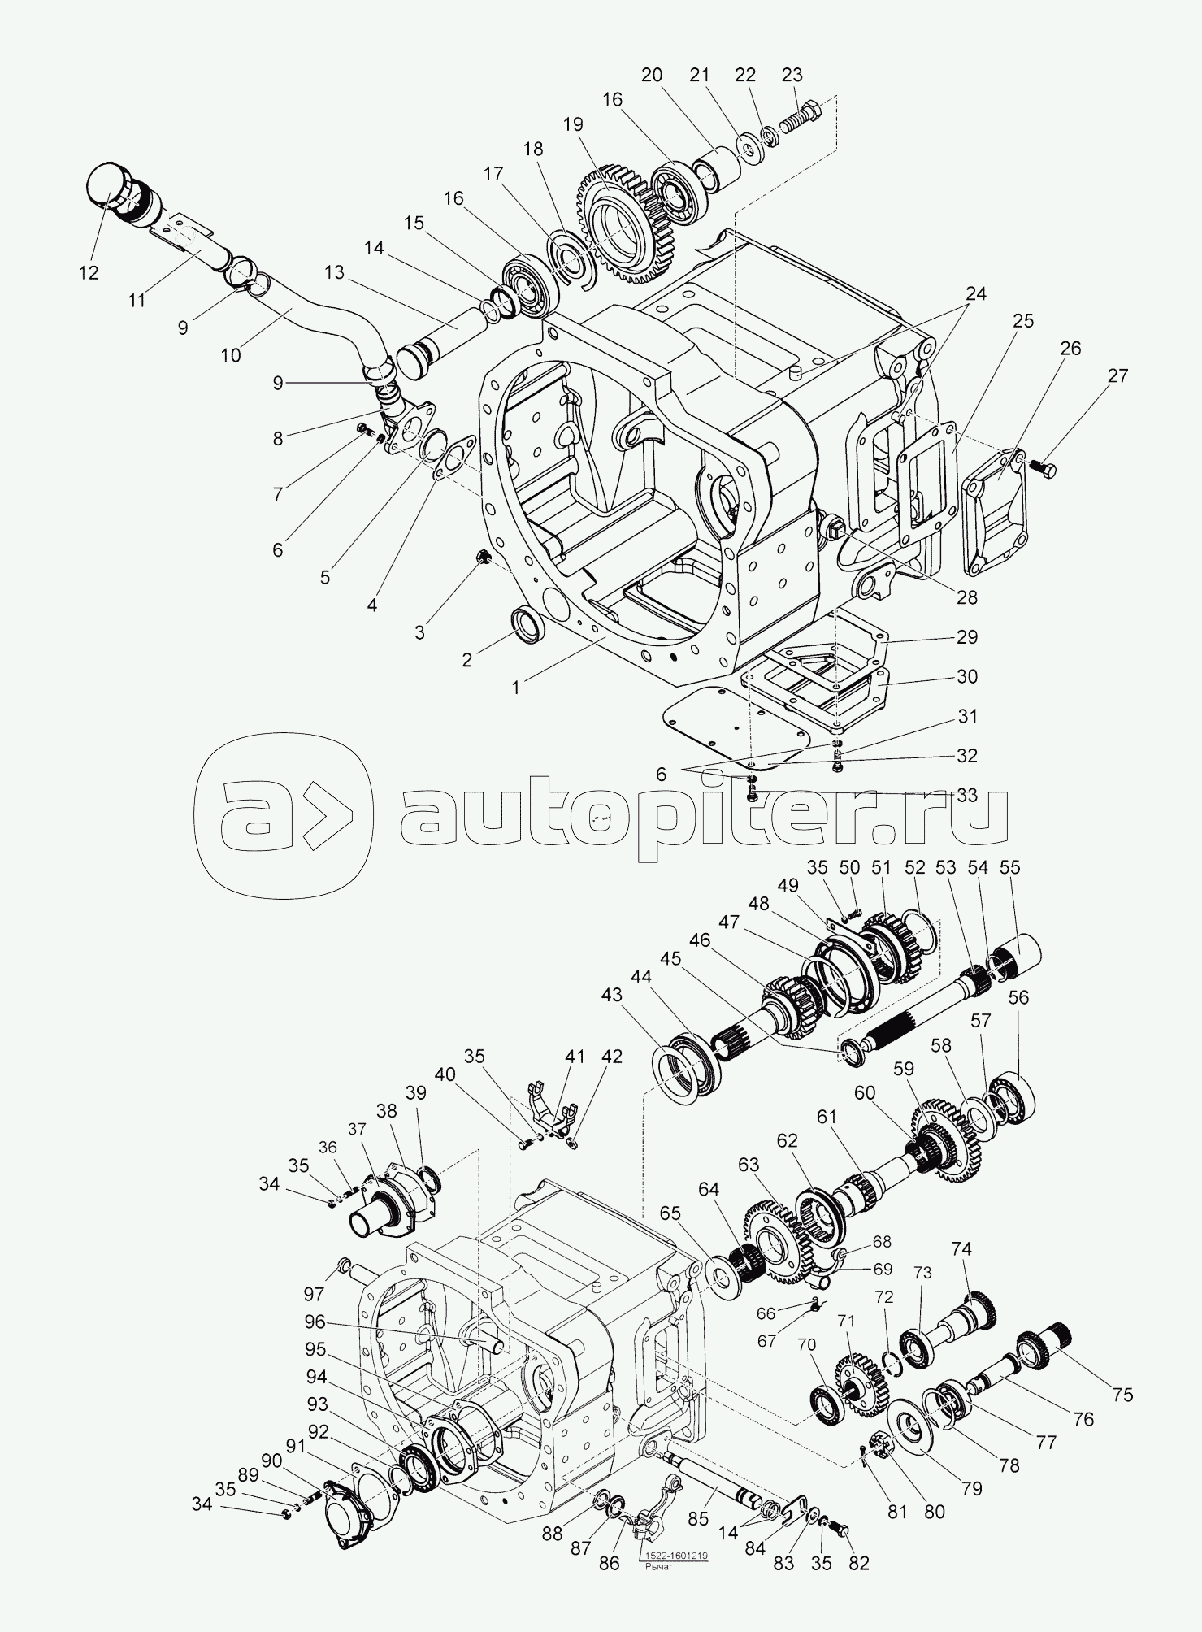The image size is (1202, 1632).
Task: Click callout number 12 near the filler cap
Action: (89, 272)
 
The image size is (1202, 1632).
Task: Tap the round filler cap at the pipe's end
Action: (104, 185)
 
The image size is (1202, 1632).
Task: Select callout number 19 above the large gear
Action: (572, 125)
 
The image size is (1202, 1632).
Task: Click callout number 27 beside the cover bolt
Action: (1117, 376)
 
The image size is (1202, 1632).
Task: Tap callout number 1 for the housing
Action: (515, 687)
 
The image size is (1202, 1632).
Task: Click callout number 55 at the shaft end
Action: (1009, 867)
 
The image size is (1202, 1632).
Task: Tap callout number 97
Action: (314, 1294)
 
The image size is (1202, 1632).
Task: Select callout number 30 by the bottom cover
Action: (966, 676)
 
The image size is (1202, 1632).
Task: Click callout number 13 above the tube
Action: (334, 272)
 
